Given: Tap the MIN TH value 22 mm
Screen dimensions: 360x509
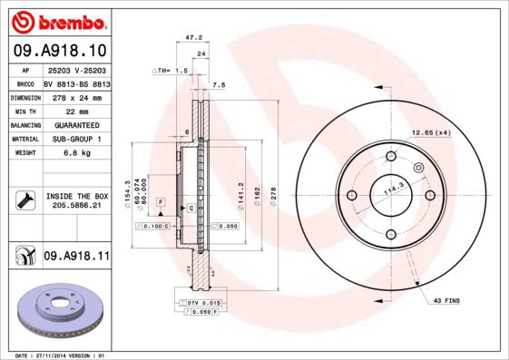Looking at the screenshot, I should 75,110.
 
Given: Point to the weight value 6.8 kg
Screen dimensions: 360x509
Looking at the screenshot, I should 75,153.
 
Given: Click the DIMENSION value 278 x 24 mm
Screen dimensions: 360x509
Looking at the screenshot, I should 76,95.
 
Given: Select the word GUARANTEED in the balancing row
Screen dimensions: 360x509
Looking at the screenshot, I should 76,124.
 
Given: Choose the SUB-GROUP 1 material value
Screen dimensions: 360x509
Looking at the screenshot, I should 76,139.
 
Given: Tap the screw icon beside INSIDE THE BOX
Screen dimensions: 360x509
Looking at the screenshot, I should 24,200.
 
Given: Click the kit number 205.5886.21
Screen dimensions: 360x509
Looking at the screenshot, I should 76,206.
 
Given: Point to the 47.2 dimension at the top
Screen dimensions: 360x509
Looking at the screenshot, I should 192,38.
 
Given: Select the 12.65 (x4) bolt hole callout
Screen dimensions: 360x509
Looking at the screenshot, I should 431,133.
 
